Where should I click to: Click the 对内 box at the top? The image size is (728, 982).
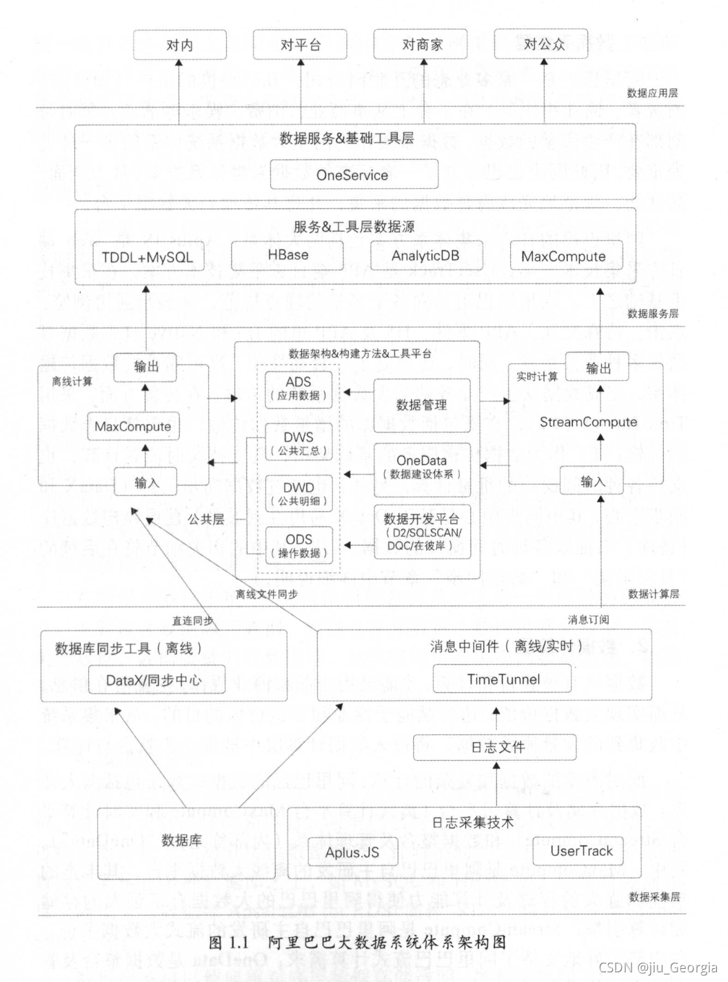(179, 45)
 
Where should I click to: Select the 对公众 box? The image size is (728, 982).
(543, 44)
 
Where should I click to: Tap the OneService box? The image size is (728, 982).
(353, 175)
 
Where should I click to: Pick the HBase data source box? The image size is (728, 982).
(287, 255)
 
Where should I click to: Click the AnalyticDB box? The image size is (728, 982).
(425, 256)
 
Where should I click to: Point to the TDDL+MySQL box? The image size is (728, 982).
(148, 257)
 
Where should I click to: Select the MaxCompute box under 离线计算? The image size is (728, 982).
(133, 426)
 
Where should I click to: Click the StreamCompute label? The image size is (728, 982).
(588, 422)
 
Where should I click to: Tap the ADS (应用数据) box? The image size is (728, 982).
(299, 388)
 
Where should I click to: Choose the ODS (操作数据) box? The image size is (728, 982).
(299, 545)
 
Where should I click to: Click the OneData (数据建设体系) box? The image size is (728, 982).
(422, 467)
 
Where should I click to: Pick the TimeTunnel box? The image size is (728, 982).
(503, 679)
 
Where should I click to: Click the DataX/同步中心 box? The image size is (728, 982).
(154, 680)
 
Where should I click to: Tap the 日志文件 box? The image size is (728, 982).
(496, 747)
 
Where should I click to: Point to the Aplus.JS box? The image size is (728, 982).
(352, 852)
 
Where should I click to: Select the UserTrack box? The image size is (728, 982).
(581, 851)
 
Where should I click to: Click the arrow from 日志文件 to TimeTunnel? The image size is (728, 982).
(496, 720)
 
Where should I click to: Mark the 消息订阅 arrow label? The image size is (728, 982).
(588, 619)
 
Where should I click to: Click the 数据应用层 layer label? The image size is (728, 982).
(651, 92)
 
